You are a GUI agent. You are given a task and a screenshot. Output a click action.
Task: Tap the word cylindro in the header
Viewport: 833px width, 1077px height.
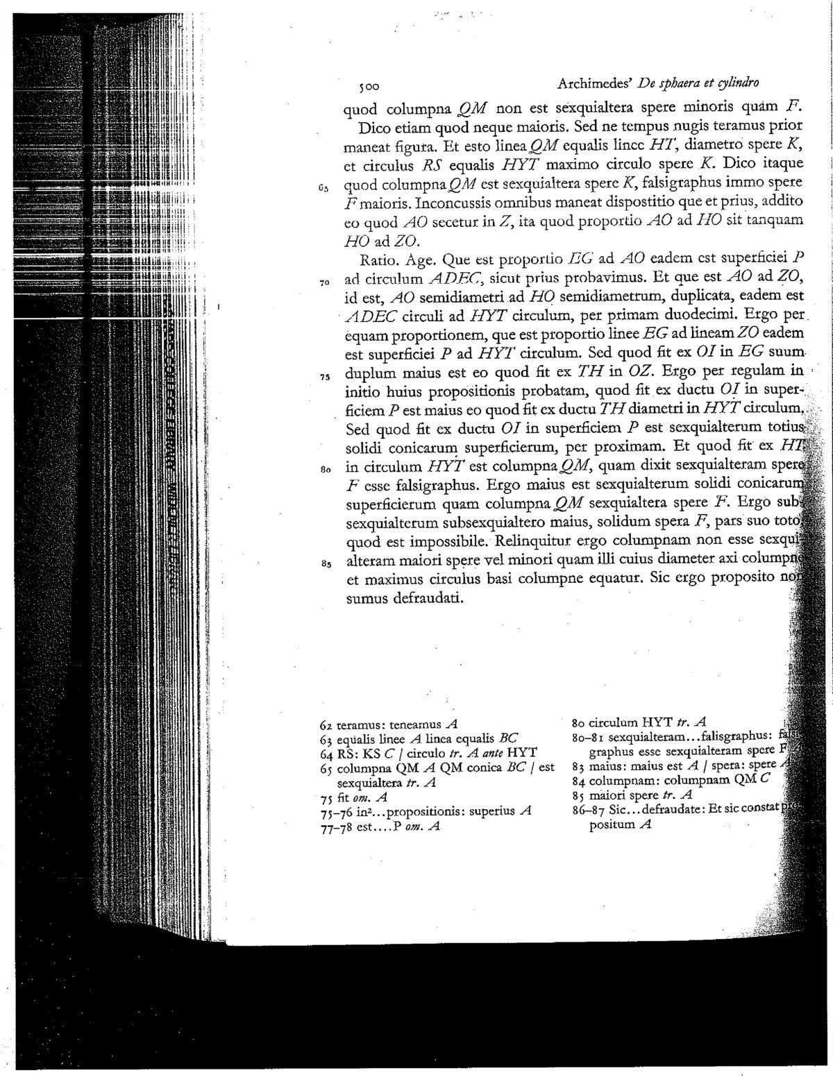737,83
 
